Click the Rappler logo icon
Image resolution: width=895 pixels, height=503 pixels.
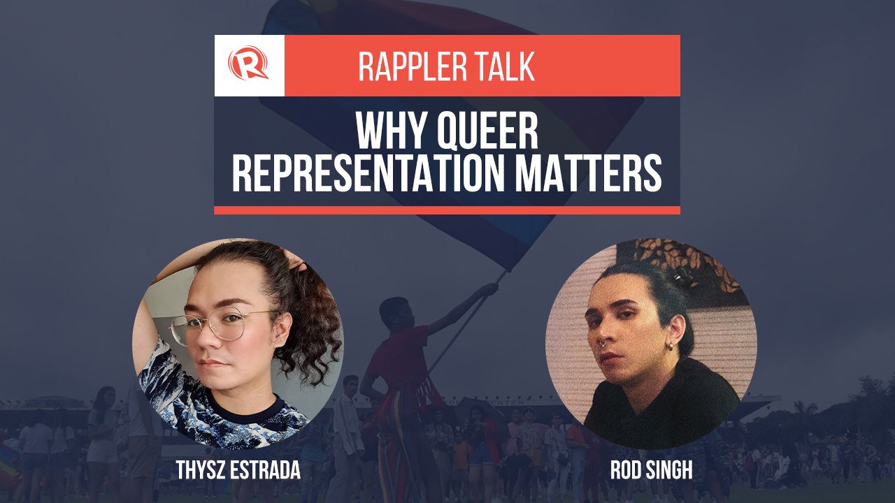(248, 65)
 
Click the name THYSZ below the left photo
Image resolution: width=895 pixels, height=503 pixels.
(204, 470)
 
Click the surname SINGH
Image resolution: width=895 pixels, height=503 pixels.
(668, 470)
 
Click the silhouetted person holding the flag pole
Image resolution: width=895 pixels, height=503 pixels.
(399, 356)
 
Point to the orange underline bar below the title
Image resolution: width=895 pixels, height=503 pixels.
(447, 210)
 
